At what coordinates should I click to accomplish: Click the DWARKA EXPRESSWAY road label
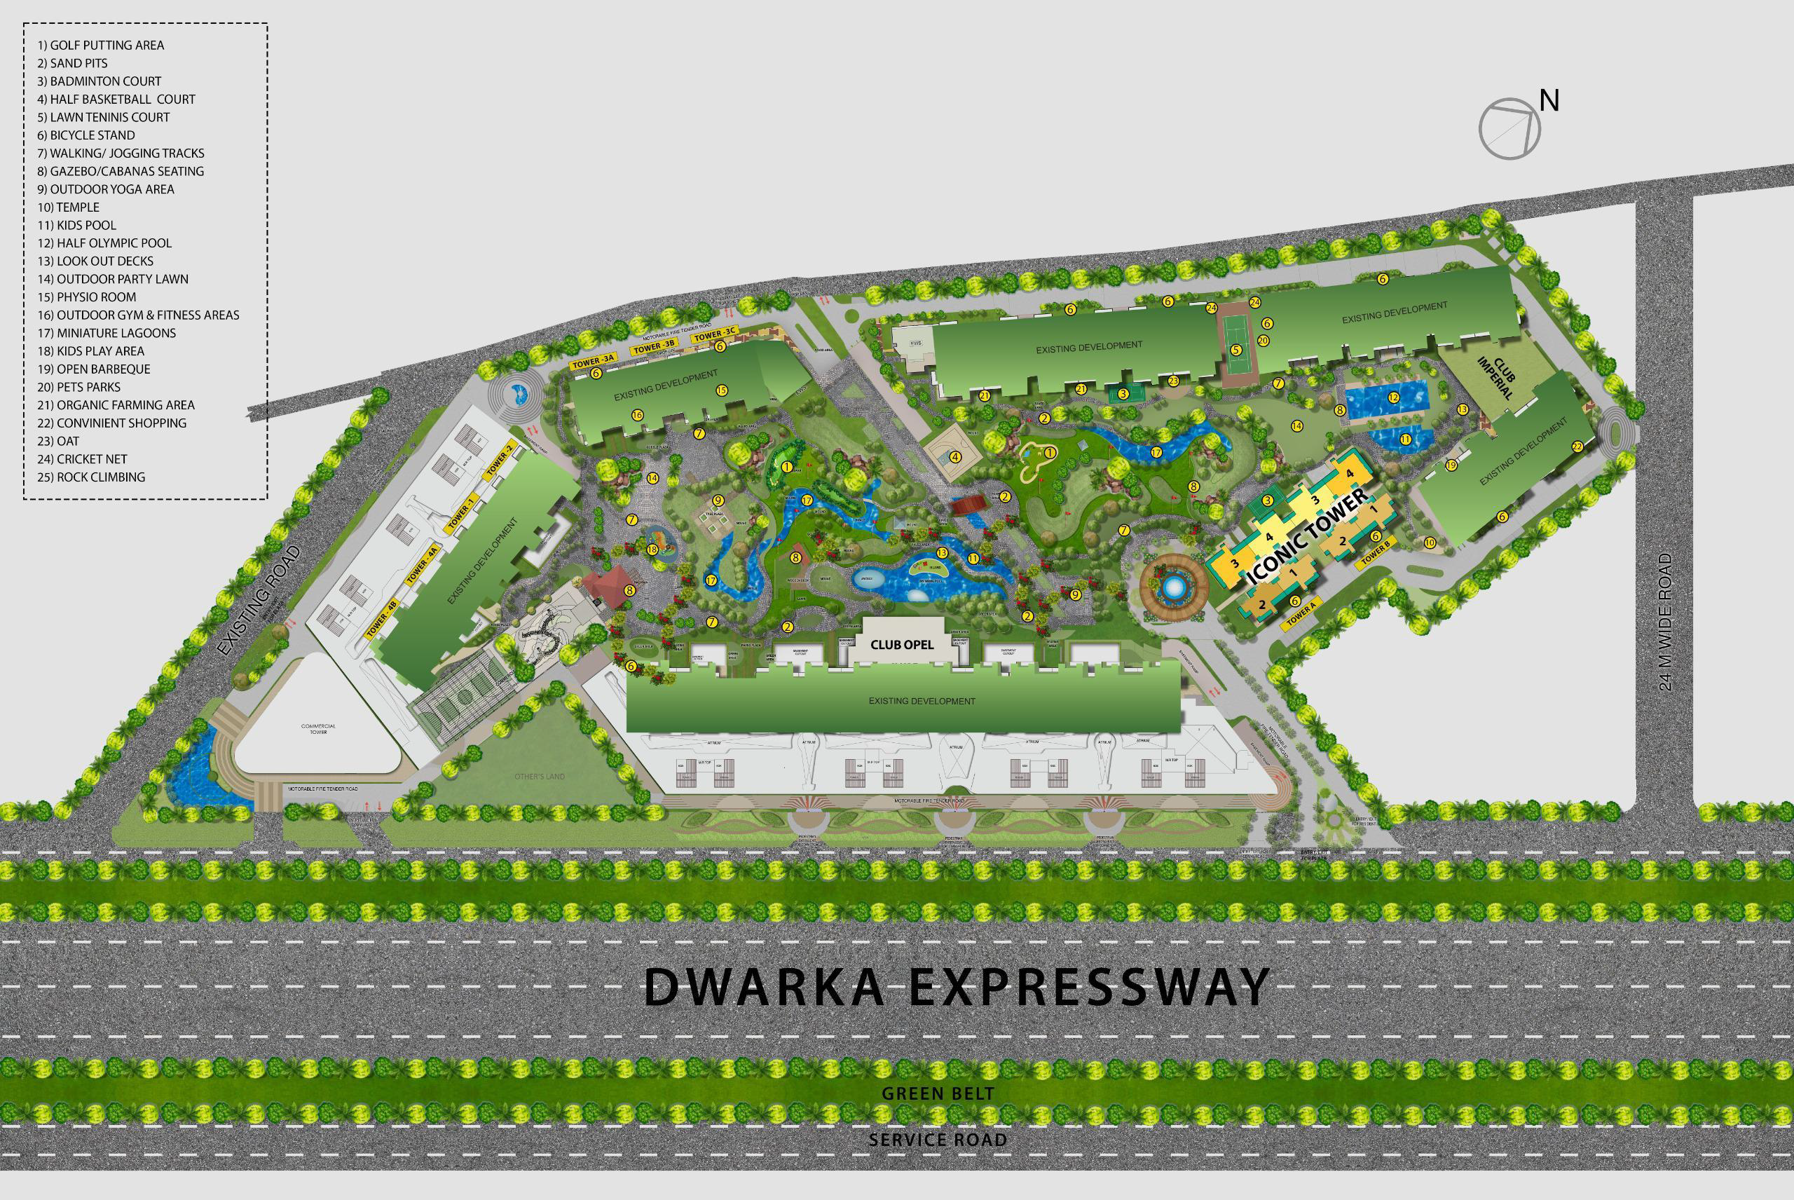click(957, 987)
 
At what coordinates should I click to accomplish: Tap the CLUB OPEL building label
click(902, 644)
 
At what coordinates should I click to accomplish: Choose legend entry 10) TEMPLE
click(69, 207)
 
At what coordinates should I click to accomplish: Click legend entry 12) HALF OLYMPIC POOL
click(105, 243)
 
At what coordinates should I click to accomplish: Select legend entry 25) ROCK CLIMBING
click(91, 477)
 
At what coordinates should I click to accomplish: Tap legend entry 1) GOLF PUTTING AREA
click(101, 45)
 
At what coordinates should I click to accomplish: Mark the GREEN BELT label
click(938, 1093)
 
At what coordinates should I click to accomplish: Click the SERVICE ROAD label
click(937, 1140)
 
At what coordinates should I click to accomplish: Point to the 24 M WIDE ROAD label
click(1666, 623)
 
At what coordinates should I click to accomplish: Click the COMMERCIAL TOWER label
click(318, 728)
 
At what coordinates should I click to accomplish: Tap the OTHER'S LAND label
click(539, 777)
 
